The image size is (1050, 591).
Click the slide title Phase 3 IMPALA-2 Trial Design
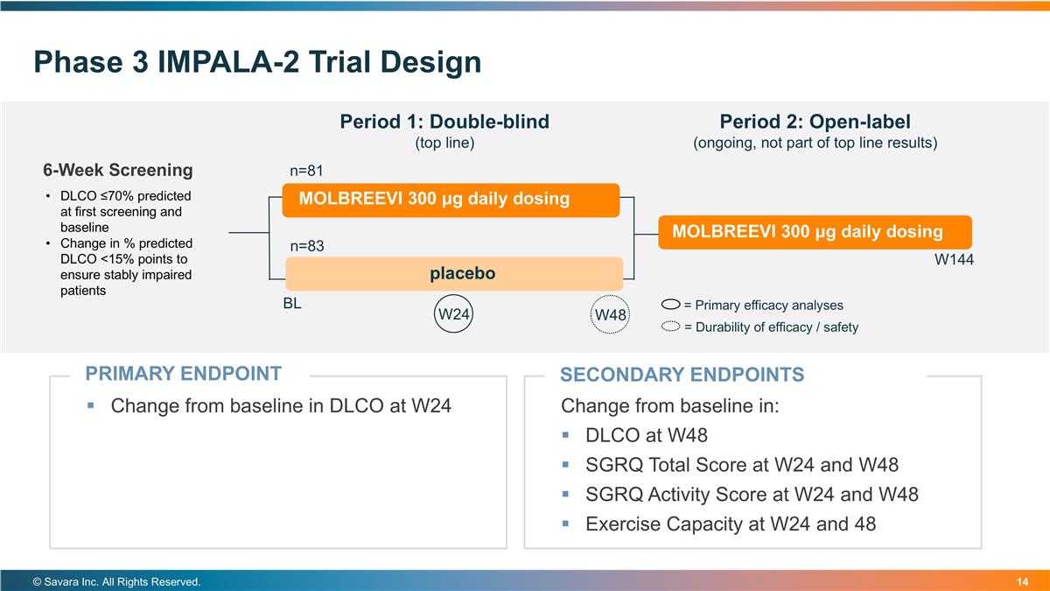(257, 62)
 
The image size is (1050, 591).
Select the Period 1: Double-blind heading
(444, 122)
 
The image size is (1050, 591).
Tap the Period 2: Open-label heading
(815, 122)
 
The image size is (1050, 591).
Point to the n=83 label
(307, 246)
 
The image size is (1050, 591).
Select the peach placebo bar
(454, 274)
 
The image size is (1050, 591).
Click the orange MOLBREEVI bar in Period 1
(451, 199)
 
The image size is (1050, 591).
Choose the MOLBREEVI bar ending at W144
(815, 232)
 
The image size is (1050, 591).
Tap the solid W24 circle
(454, 314)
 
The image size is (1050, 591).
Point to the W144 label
(954, 260)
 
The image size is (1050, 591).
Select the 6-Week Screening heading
(118, 170)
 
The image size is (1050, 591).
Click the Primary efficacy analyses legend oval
(671, 306)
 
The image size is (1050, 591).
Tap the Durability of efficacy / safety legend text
(770, 327)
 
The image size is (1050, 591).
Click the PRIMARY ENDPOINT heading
(183, 374)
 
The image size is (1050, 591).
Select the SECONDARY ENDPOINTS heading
(682, 375)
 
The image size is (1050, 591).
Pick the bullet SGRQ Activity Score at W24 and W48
(751, 495)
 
